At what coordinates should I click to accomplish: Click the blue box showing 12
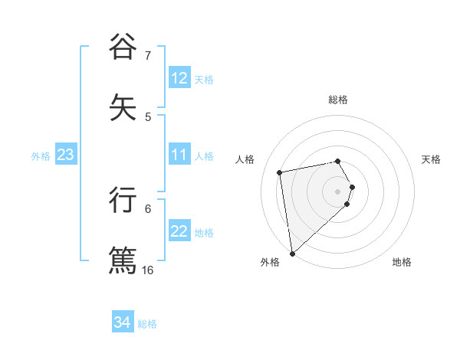point(179,78)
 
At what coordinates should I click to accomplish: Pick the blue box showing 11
point(179,155)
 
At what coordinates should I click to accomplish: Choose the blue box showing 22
point(179,231)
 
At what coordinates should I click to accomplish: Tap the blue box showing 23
point(66,155)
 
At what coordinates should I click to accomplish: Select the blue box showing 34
point(123,322)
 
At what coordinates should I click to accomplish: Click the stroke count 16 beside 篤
point(147,270)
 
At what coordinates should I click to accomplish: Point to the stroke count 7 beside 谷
point(147,56)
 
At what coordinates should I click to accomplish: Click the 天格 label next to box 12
point(204,80)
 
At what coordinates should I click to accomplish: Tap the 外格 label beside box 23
point(41,156)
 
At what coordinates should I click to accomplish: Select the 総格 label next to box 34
point(147,324)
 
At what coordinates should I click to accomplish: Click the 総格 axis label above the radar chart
point(338,100)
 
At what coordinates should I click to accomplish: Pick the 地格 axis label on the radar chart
point(402,262)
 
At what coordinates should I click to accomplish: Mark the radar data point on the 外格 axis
point(291,253)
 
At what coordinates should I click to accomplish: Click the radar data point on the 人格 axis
point(280,172)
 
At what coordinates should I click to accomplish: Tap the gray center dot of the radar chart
point(338,190)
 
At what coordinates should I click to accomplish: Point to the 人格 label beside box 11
point(204,156)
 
